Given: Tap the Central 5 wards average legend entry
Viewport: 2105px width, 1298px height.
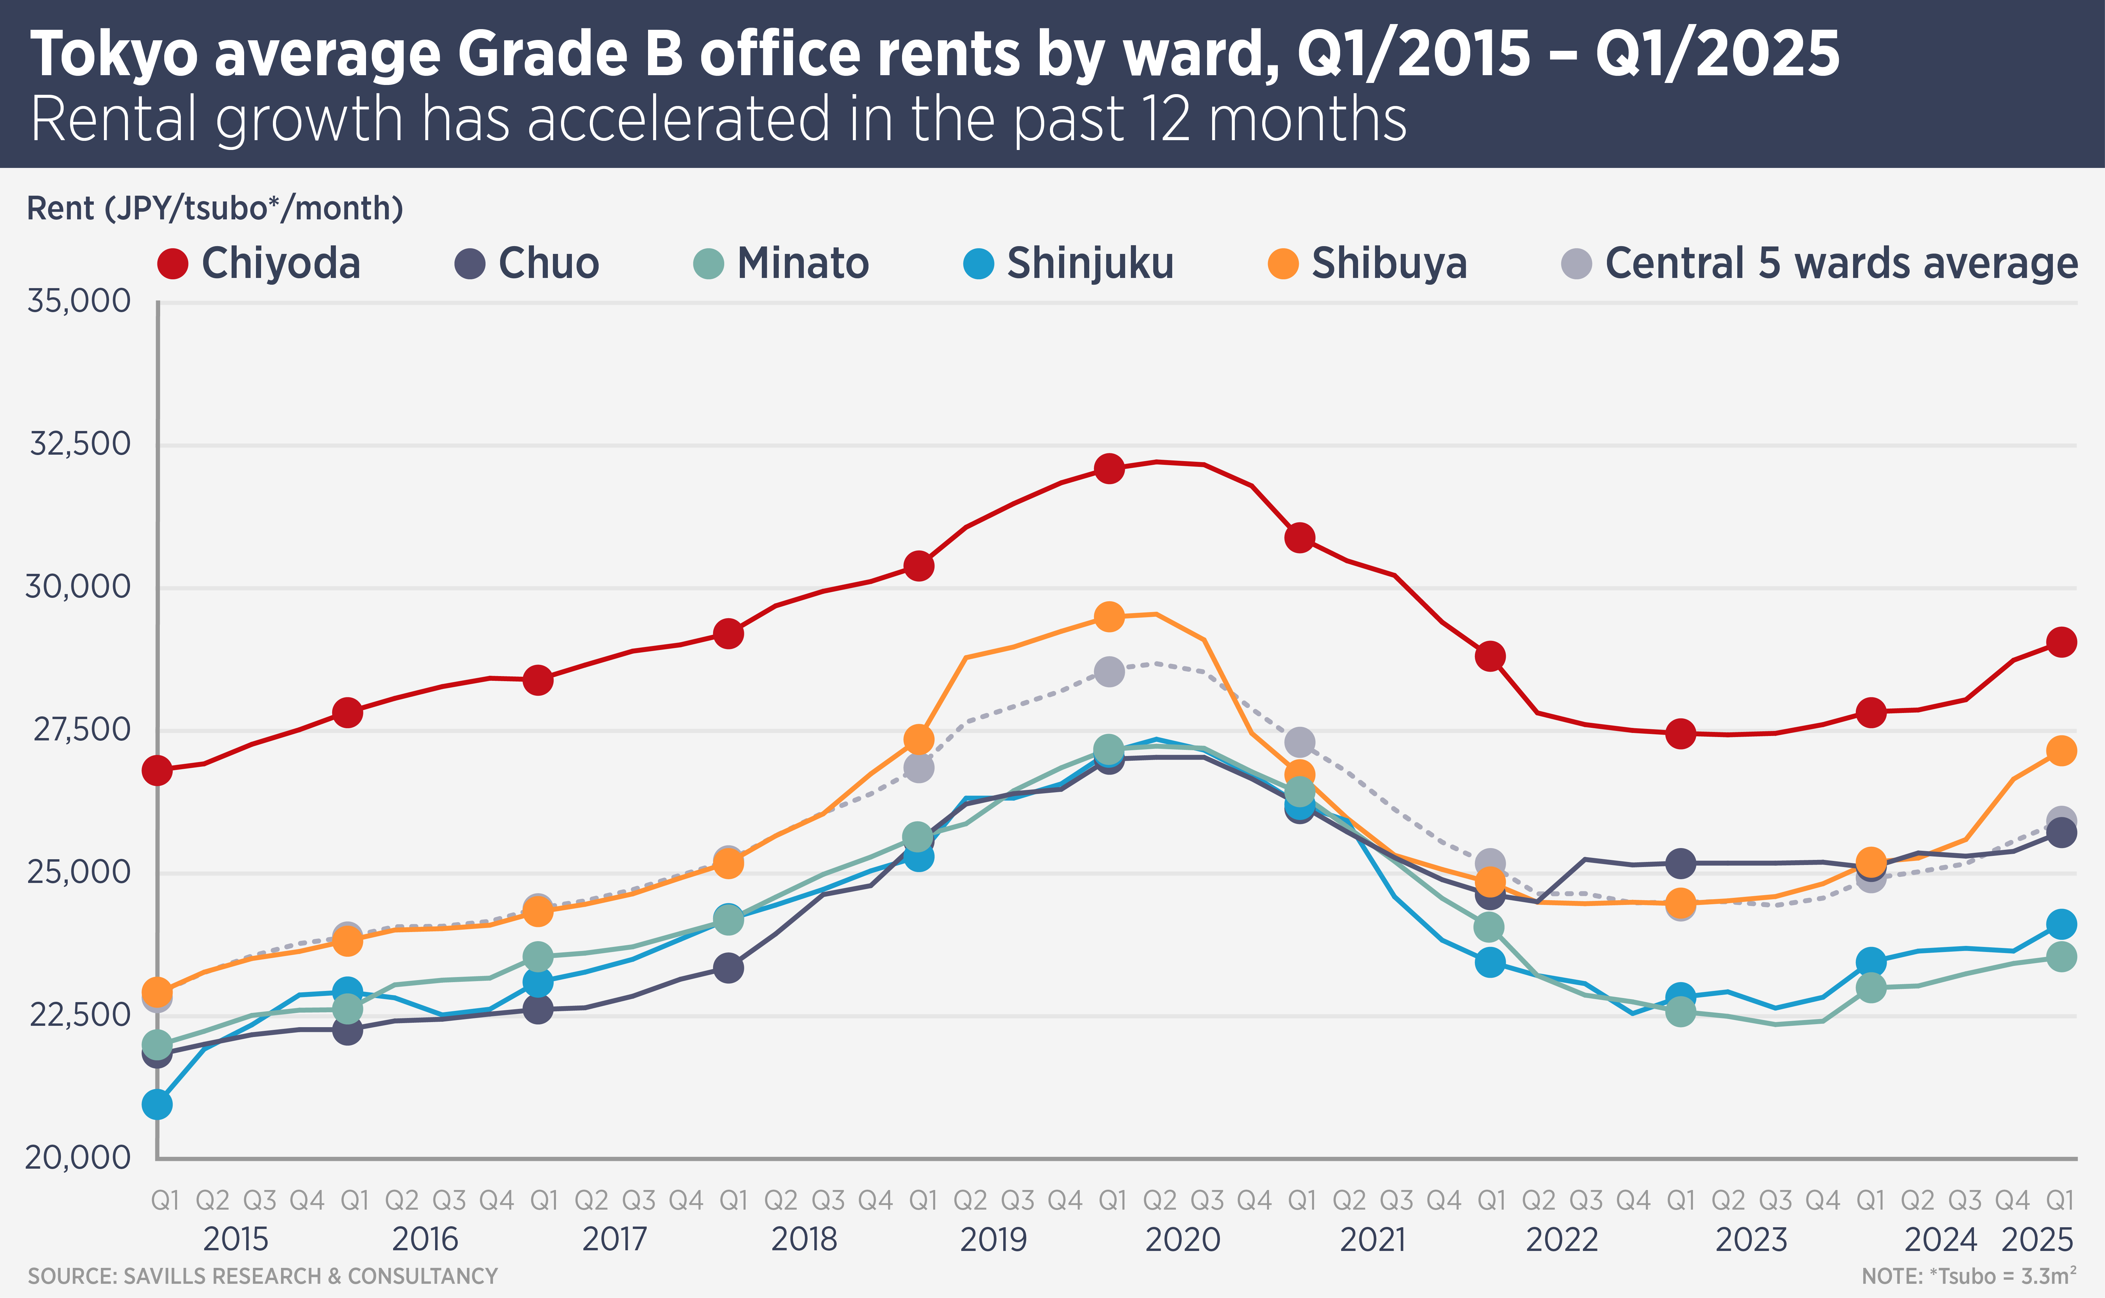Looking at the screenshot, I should point(1820,263).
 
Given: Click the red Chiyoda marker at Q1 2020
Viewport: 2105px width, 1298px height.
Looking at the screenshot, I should point(1109,469).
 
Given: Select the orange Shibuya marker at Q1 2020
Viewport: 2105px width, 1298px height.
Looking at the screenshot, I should point(1109,616).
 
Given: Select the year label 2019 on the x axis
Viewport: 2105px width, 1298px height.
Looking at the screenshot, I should point(993,1240).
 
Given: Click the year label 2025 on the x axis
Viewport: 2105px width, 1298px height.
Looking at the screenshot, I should point(2037,1240).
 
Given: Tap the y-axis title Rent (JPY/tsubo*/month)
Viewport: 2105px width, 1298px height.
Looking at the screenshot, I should point(215,209).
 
